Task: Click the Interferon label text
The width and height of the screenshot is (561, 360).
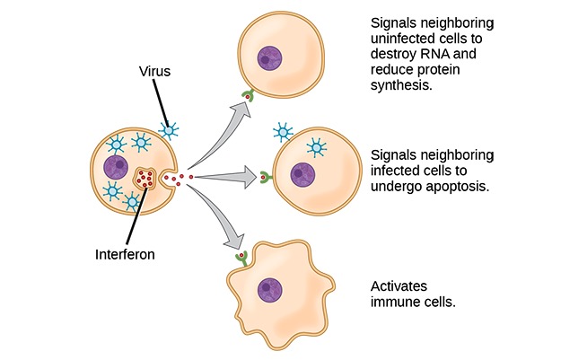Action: (125, 254)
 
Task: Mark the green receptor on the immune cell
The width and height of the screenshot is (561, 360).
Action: (241, 259)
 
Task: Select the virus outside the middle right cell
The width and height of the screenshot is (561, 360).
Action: (282, 133)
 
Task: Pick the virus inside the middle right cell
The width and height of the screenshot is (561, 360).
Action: (316, 146)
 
